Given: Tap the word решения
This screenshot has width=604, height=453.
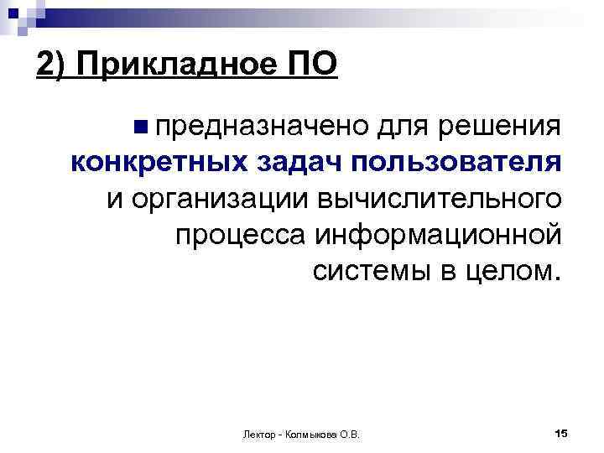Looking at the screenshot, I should tap(503, 127).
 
